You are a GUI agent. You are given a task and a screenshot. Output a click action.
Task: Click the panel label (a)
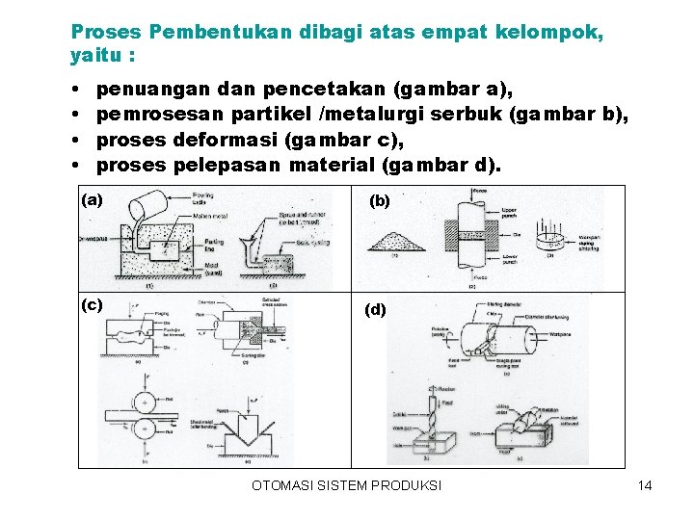[93, 200]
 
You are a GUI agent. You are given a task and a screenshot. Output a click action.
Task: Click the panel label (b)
[380, 202]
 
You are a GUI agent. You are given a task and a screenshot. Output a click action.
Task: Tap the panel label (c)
[93, 305]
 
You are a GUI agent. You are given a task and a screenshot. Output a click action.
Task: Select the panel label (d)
[375, 310]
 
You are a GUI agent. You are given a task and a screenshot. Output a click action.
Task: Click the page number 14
[645, 485]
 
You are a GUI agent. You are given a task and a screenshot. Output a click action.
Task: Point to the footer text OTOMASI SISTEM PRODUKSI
[346, 485]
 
